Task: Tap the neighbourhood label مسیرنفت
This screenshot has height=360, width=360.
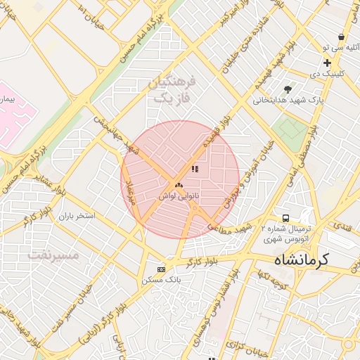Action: [54, 254]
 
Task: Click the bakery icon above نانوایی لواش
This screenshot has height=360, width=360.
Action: [179, 186]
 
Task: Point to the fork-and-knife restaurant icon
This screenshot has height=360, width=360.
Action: [195, 169]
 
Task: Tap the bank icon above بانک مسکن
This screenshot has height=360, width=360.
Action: [162, 269]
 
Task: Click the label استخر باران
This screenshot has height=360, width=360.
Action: [77, 215]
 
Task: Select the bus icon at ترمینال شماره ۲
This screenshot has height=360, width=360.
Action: [285, 218]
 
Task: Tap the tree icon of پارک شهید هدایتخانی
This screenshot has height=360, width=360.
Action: [288, 89]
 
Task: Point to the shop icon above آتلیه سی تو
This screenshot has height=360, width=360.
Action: [341, 37]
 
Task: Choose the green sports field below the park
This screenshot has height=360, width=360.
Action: [289, 129]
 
